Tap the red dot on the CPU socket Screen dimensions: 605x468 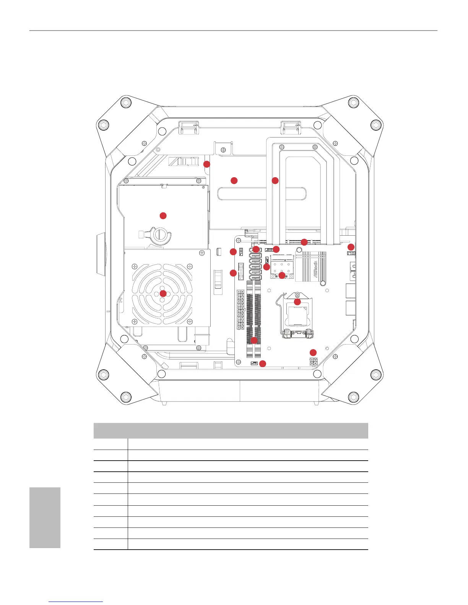pos(297,302)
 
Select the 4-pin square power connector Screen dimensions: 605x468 pos(314,361)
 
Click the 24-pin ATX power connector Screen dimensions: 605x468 pos(240,310)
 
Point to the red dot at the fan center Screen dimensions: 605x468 pos(163,293)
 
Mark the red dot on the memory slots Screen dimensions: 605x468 pos(254,340)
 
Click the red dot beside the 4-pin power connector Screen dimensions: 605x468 pos(313,352)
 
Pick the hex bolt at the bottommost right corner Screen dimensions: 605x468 pos(354,398)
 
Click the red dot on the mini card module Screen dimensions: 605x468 pos(282,275)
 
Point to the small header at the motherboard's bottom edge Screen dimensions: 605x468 pos(254,363)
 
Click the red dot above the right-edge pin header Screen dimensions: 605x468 pos(351,247)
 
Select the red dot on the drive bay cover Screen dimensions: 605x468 pos(163,215)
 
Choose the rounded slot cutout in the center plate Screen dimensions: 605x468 pos(262,193)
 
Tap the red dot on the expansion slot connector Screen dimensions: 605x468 pos(304,242)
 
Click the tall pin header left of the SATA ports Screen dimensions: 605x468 pos(241,271)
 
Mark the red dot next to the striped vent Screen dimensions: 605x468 pos(206,164)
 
